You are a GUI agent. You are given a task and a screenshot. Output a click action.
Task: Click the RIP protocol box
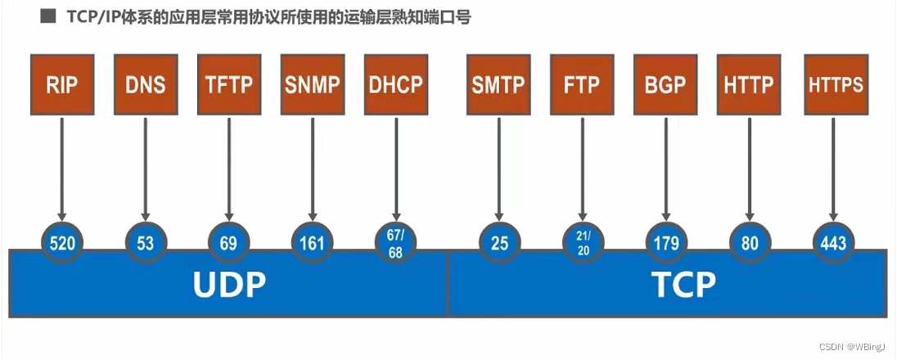click(x=61, y=84)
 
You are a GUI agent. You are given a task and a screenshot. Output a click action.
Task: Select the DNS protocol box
click(x=145, y=84)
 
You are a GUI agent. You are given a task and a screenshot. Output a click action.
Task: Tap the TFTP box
click(x=228, y=84)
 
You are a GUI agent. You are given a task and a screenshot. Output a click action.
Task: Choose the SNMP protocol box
click(x=312, y=84)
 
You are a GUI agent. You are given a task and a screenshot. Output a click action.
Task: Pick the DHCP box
click(x=395, y=84)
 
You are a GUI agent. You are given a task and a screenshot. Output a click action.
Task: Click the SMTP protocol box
click(x=498, y=84)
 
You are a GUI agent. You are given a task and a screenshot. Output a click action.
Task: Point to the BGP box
click(x=664, y=84)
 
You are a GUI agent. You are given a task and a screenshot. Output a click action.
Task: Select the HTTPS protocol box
click(x=836, y=84)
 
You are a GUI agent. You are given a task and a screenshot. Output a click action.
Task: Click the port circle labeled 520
click(x=62, y=243)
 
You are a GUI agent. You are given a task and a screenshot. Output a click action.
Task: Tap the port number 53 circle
click(x=146, y=243)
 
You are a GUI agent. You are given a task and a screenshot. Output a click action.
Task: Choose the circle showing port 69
click(x=228, y=243)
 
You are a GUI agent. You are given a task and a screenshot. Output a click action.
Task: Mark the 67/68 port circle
click(x=395, y=243)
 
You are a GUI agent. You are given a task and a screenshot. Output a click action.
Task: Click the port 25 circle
click(x=498, y=243)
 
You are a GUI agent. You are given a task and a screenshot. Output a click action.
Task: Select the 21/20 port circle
click(x=582, y=243)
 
